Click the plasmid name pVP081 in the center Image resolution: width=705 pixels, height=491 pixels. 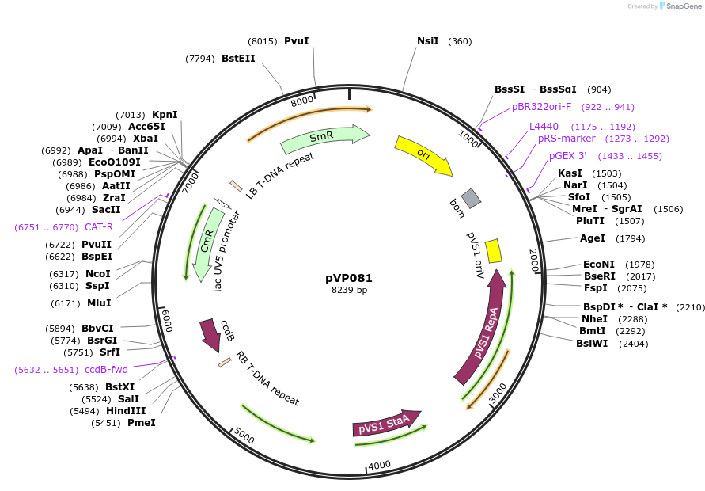click(x=349, y=278)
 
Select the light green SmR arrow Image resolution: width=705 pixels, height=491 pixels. click(x=324, y=137)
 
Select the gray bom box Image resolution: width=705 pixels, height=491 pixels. click(x=472, y=198)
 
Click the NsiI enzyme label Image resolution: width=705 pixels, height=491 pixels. click(x=427, y=40)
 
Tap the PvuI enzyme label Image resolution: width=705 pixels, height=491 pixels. click(x=296, y=40)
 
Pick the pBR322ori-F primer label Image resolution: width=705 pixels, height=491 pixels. click(x=541, y=107)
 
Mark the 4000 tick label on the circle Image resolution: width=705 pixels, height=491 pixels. click(x=379, y=464)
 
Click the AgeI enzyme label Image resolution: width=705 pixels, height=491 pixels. click(x=592, y=238)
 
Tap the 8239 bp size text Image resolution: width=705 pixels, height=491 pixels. click(x=349, y=291)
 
